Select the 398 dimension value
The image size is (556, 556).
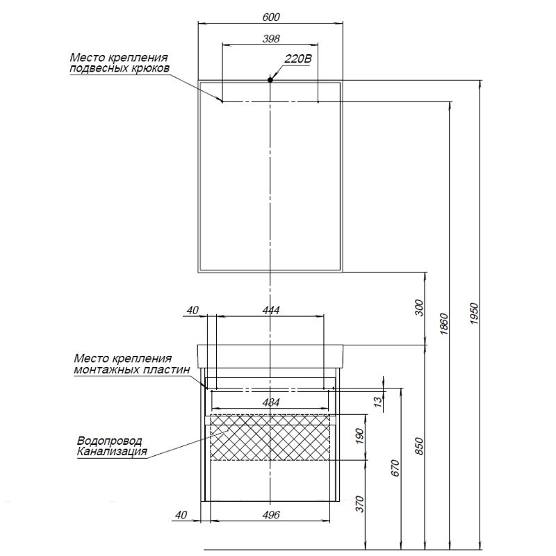[x=271, y=38]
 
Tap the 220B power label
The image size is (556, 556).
[x=297, y=60]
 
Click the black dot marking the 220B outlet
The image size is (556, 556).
[x=271, y=81]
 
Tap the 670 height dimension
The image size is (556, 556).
[x=395, y=468]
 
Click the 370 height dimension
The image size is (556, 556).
[x=359, y=503]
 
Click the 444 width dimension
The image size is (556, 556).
[x=271, y=311]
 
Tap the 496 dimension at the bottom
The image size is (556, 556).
[x=272, y=515]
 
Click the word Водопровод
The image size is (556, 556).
[x=110, y=441]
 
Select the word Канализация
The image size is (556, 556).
[x=112, y=452]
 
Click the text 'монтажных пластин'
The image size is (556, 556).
[x=131, y=370]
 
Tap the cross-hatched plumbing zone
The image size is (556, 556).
[x=271, y=437]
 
